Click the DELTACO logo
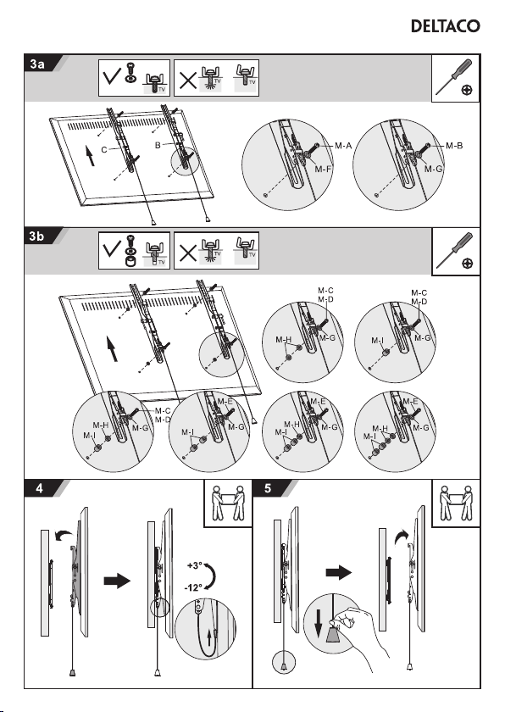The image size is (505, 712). pyautogui.click(x=445, y=26)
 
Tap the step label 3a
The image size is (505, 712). pyautogui.click(x=37, y=64)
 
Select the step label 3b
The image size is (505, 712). pyautogui.click(x=36, y=236)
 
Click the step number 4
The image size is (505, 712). pyautogui.click(x=40, y=488)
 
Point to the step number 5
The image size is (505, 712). pyautogui.click(x=268, y=488)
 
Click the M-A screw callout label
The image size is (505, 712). pyautogui.click(x=343, y=146)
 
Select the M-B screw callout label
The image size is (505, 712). pyautogui.click(x=454, y=146)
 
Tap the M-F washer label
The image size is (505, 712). pyautogui.click(x=323, y=169)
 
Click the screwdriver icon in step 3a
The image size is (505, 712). pyautogui.click(x=455, y=78)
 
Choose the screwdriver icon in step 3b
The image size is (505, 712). pyautogui.click(x=455, y=251)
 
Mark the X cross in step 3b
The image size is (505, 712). pyautogui.click(x=187, y=253)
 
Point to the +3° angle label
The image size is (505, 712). pyautogui.click(x=194, y=566)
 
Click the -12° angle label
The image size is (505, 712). pyautogui.click(x=193, y=587)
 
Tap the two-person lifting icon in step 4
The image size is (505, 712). pyautogui.click(x=228, y=503)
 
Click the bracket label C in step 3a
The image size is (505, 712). pyautogui.click(x=104, y=150)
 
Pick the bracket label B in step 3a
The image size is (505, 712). pyautogui.click(x=158, y=146)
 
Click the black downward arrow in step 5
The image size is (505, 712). pyautogui.click(x=319, y=622)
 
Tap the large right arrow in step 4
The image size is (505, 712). pyautogui.click(x=117, y=581)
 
